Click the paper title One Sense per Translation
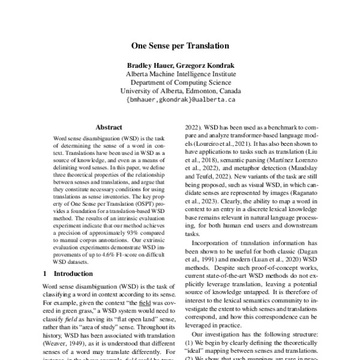click(180, 45)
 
